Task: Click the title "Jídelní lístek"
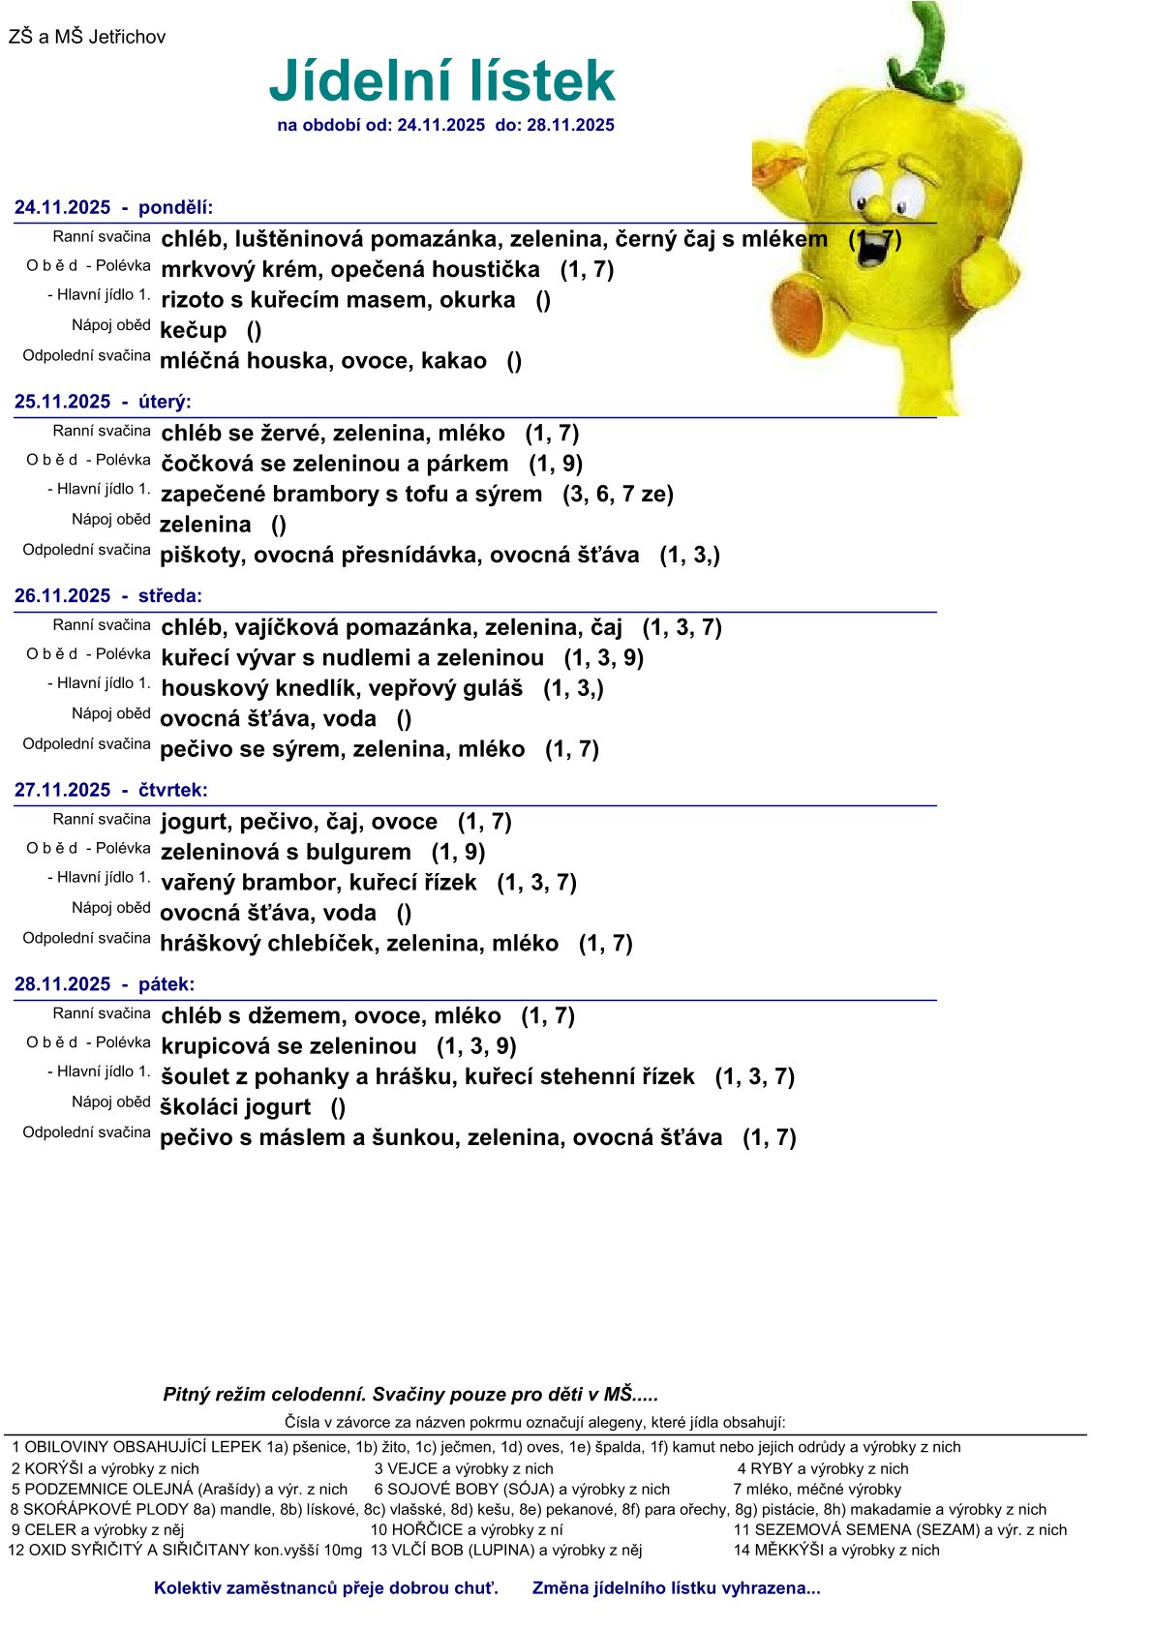coord(441,81)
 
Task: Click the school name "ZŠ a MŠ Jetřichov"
coord(87,38)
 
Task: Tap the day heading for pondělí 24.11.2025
coord(113,208)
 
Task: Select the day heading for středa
coord(108,596)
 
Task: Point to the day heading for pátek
coord(105,984)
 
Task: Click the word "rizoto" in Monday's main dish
coord(192,300)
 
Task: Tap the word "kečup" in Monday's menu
coord(193,331)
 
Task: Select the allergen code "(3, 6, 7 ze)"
coord(618,495)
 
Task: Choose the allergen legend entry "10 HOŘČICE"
coord(467,1529)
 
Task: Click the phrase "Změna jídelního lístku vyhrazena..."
coord(676,1588)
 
